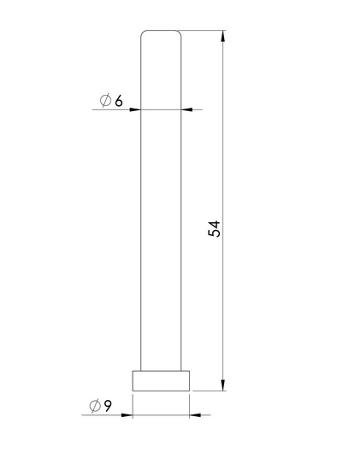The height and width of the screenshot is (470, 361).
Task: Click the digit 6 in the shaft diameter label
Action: (118, 102)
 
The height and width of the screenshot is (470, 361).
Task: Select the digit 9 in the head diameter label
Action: (108, 407)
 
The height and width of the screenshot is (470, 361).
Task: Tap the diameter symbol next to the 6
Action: (104, 102)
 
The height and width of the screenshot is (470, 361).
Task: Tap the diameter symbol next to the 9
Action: (94, 407)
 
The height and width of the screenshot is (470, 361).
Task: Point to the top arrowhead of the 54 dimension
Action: (223, 37)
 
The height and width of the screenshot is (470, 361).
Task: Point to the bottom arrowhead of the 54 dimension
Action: (223, 385)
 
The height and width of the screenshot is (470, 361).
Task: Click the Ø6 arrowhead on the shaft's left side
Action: (134, 109)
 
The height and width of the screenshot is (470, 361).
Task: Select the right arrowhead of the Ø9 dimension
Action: (195, 415)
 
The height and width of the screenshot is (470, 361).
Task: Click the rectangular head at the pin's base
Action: (160, 381)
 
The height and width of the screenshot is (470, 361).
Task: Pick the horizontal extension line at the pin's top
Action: (205, 32)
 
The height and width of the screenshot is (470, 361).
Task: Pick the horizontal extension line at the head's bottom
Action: (210, 391)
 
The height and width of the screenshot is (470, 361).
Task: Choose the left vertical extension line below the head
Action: (132, 406)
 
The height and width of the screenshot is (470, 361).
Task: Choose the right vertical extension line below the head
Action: (189, 406)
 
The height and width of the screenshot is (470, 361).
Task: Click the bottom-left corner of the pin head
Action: (132, 391)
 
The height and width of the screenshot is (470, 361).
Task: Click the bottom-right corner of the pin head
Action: (189, 391)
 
